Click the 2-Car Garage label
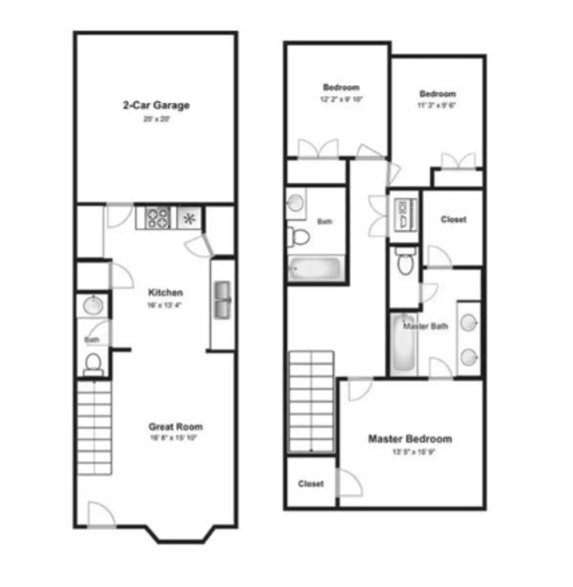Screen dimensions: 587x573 point(156,105)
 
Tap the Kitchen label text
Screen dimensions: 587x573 point(166,293)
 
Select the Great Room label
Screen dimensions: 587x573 point(176,427)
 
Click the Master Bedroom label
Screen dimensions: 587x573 point(410,439)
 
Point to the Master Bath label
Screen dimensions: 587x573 point(425,326)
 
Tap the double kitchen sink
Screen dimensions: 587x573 point(223,300)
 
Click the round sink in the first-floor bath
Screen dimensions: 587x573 point(92,306)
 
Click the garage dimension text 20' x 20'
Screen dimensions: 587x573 point(156,119)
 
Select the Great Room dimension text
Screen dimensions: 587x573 point(174,438)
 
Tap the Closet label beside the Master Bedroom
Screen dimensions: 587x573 point(311,484)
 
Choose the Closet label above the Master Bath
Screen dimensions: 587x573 point(453,220)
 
